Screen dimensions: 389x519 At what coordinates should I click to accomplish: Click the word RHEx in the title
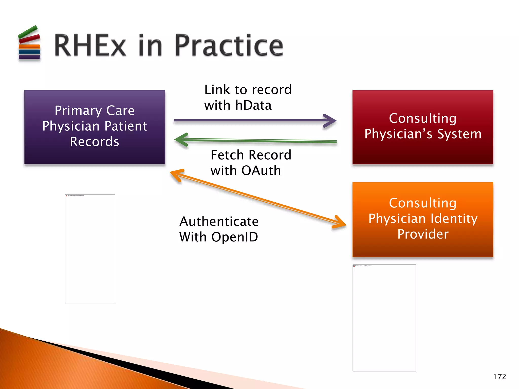click(90, 46)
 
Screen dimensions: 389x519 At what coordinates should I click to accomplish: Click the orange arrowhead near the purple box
click(176, 174)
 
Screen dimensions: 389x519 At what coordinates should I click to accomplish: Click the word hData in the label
click(253, 105)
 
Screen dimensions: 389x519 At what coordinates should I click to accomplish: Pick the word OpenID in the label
click(235, 237)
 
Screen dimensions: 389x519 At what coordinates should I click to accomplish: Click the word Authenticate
click(219, 222)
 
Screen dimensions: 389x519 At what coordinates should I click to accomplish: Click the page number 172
click(499, 377)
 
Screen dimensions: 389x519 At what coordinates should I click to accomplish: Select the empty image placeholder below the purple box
click(90, 249)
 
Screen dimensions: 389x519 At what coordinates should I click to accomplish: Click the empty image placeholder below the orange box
click(384, 318)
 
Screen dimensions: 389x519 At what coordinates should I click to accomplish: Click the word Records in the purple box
click(95, 142)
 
